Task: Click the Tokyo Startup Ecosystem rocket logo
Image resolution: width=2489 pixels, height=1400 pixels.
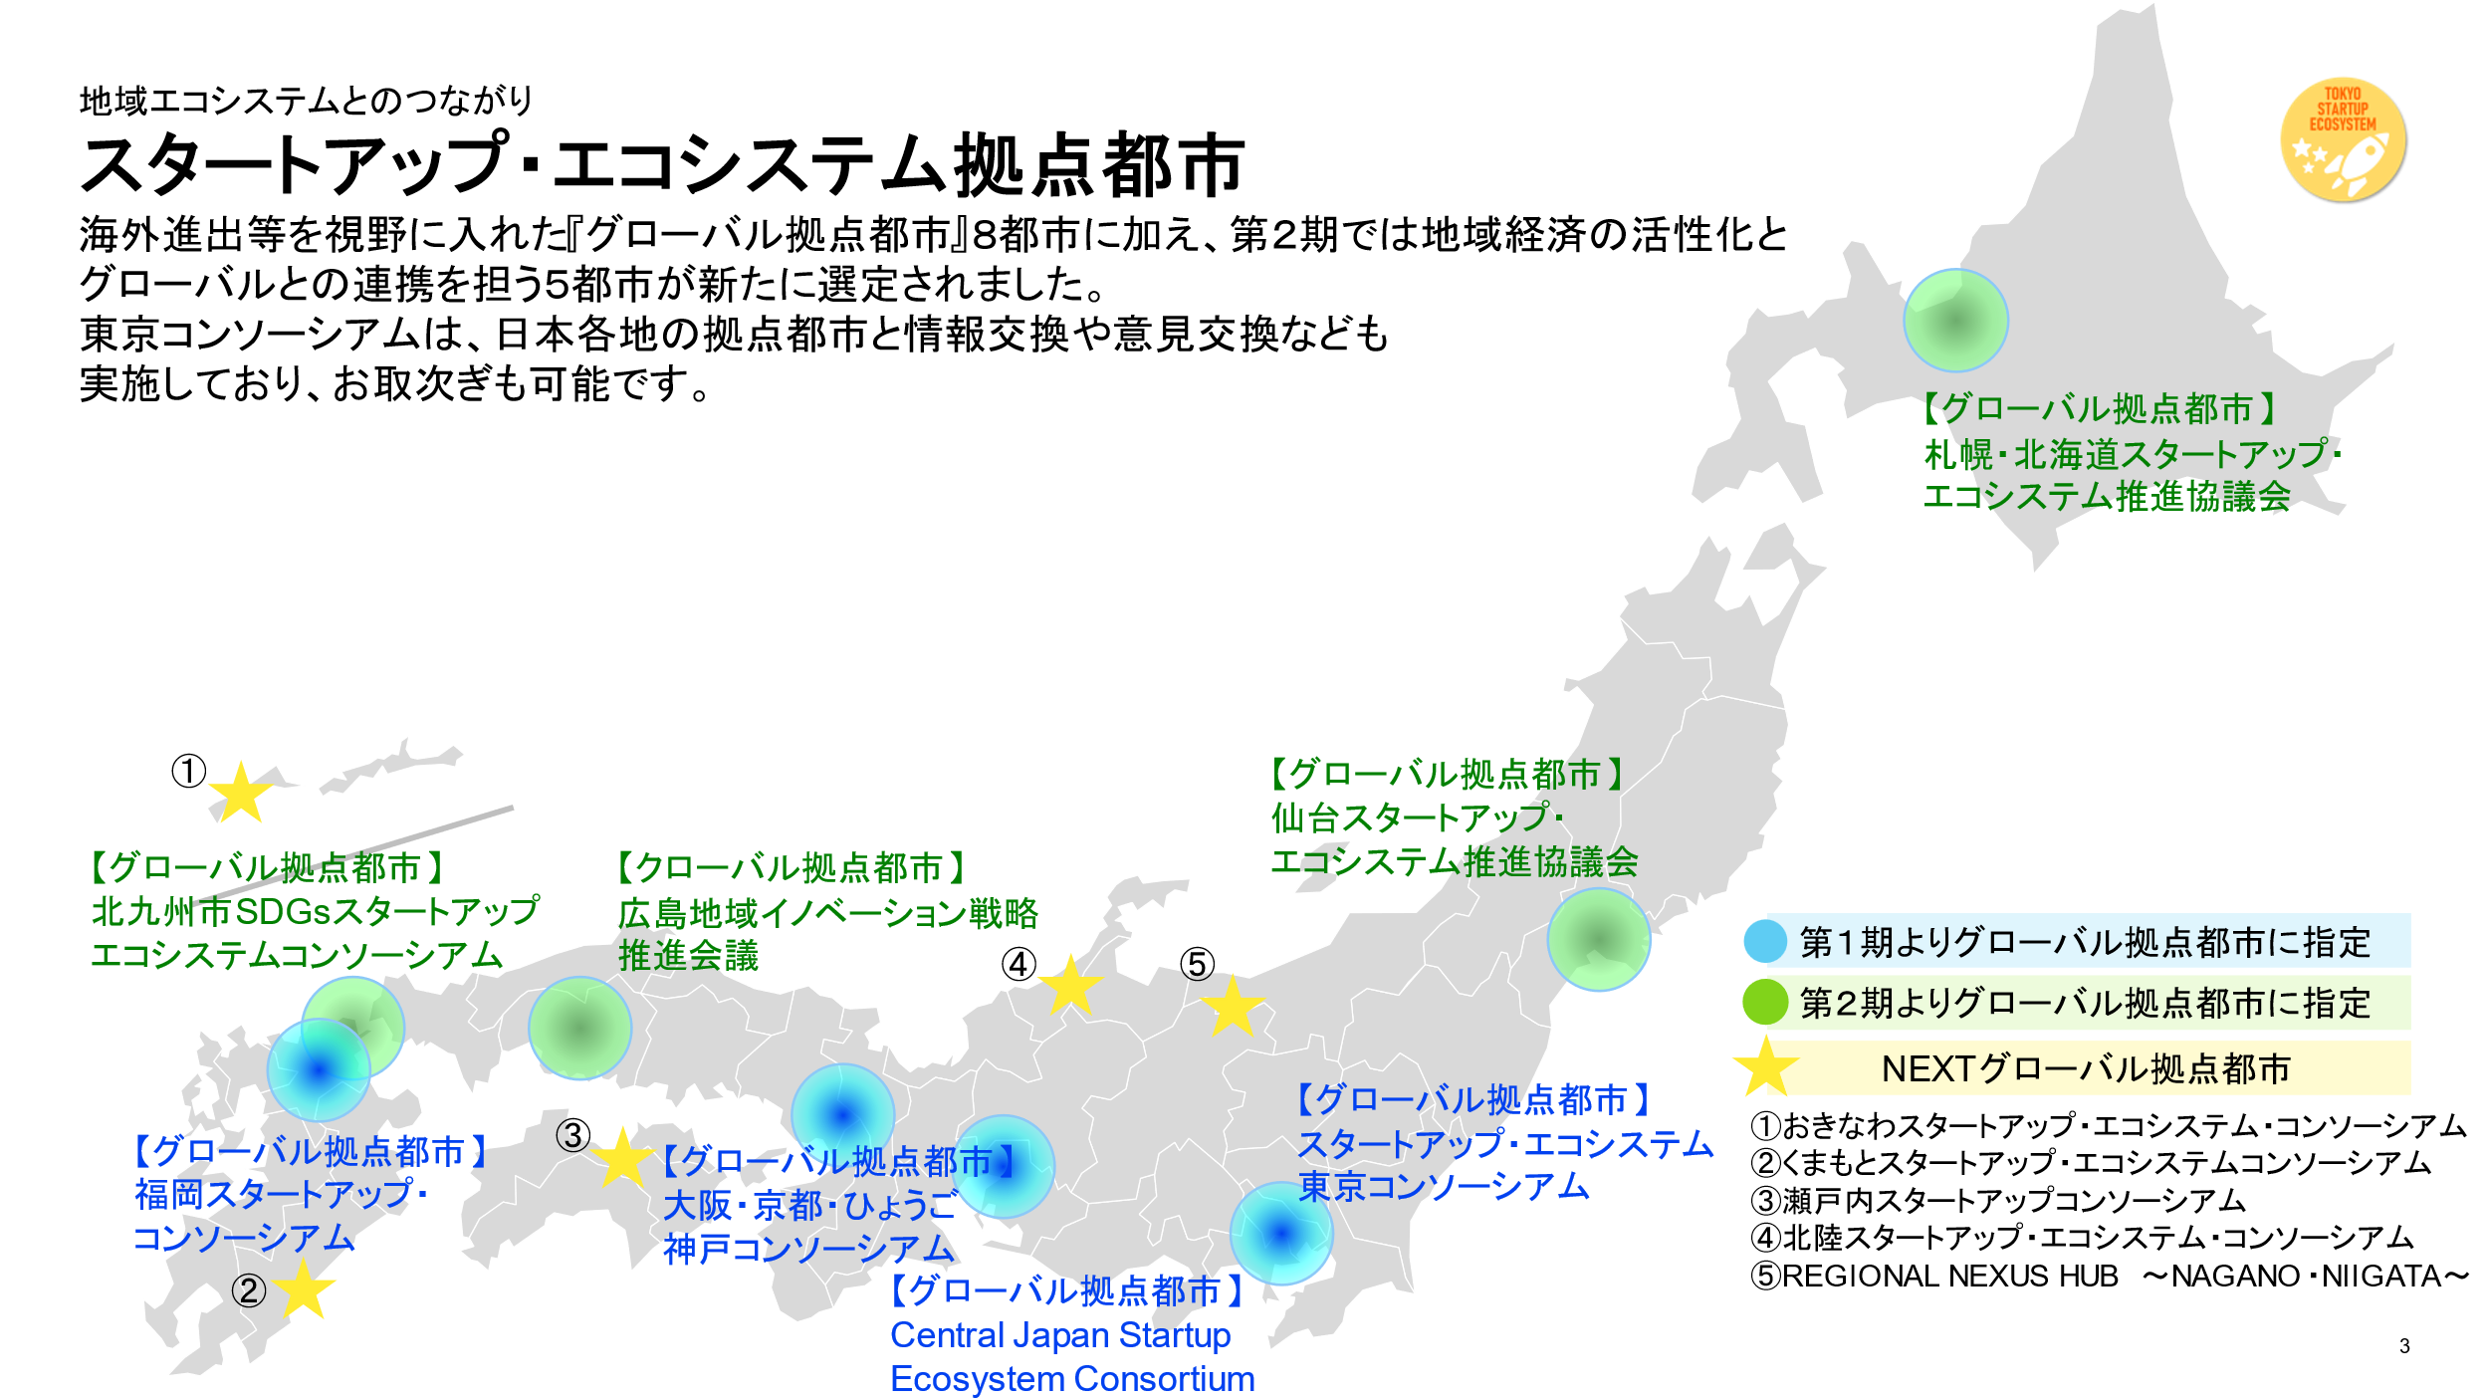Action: click(2343, 140)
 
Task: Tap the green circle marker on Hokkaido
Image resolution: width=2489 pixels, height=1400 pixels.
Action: click(1955, 321)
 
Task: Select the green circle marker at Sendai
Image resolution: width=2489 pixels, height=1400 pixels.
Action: click(1598, 939)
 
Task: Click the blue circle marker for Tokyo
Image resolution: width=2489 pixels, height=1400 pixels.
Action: click(1281, 1233)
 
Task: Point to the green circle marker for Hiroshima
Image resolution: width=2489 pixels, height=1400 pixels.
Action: click(579, 1028)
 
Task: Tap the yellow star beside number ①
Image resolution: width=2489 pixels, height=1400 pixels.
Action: click(240, 795)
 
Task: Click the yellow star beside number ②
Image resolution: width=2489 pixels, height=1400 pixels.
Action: click(303, 1288)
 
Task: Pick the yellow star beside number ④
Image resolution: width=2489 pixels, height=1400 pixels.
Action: click(1070, 986)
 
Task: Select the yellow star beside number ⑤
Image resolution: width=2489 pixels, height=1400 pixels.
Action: click(1233, 1007)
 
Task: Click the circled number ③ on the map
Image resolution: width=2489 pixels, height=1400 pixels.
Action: click(572, 1134)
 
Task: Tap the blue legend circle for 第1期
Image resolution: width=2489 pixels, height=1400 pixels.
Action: click(1765, 941)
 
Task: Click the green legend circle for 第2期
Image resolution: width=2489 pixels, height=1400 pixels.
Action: click(1765, 1002)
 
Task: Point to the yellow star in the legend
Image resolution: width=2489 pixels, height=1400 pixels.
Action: click(1766, 1067)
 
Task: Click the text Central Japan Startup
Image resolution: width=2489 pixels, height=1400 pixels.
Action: click(1060, 1334)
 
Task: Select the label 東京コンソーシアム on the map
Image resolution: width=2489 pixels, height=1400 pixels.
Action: click(1444, 1186)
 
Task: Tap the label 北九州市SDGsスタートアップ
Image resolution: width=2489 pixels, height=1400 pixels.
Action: click(315, 910)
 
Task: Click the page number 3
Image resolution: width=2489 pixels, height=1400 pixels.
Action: click(2404, 1346)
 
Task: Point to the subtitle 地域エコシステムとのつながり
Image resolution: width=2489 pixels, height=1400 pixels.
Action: click(307, 101)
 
